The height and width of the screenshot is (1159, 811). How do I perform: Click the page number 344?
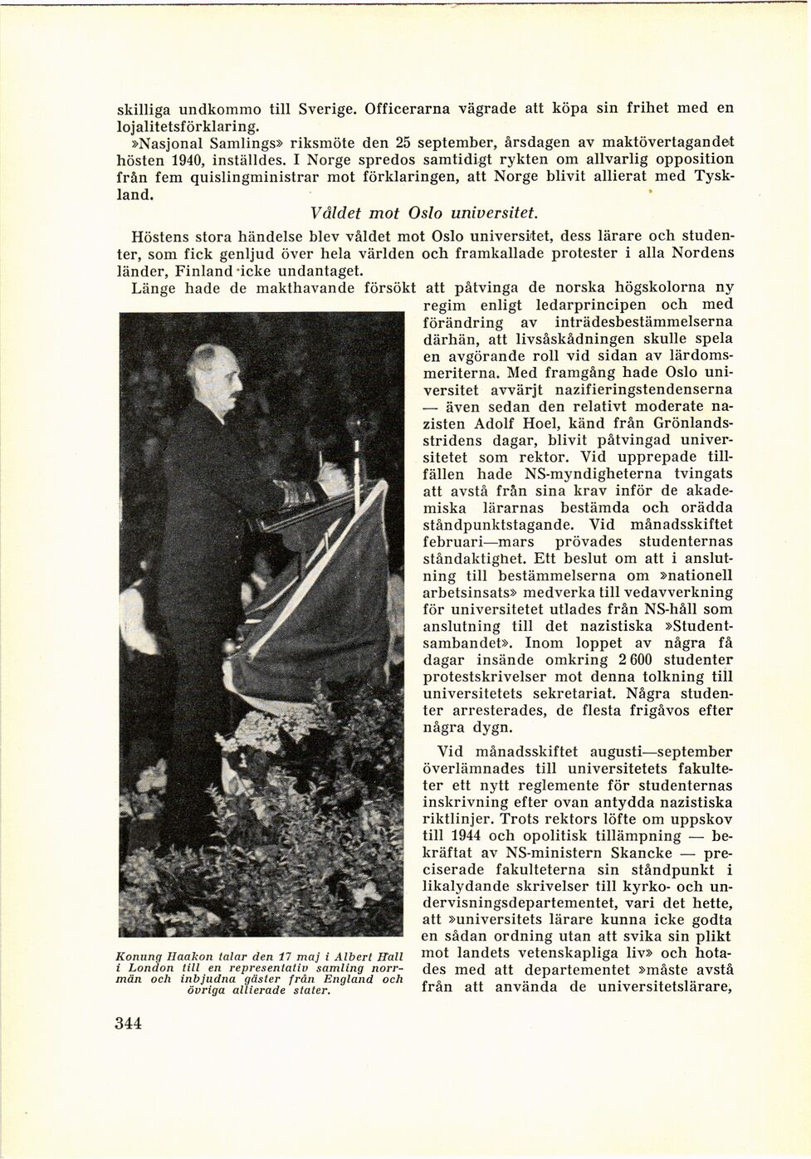click(x=129, y=1023)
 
